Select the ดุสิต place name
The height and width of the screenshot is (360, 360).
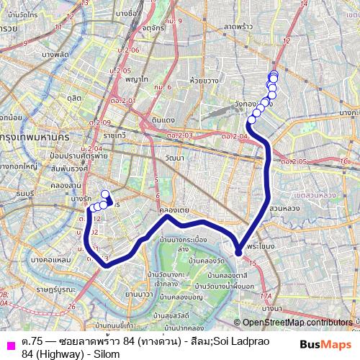coord(73,95)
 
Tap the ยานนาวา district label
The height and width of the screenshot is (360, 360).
coord(138,294)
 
